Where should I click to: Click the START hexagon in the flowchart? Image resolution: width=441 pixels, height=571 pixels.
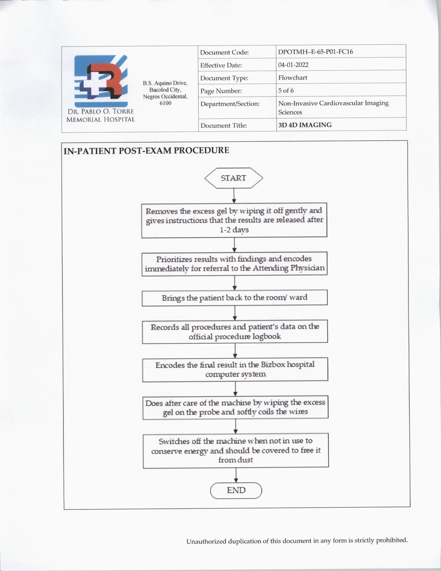click(233, 178)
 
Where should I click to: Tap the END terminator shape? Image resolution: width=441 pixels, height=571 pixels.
click(236, 490)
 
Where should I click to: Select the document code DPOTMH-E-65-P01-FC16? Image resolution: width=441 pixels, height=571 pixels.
click(315, 52)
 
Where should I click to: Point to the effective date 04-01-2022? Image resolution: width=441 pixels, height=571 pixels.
click(293, 65)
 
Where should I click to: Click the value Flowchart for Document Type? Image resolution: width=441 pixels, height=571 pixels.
click(293, 78)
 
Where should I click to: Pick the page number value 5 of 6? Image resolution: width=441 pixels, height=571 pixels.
click(286, 91)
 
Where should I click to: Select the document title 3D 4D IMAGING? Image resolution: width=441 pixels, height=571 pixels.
click(305, 125)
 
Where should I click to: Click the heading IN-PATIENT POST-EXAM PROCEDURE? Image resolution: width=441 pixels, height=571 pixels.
click(146, 151)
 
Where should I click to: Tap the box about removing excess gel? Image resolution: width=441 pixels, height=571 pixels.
click(234, 220)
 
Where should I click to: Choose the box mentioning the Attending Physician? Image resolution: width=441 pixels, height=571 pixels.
click(235, 264)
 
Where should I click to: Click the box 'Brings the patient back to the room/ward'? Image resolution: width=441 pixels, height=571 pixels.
click(235, 298)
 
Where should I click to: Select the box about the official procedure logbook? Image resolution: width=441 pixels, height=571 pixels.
click(235, 332)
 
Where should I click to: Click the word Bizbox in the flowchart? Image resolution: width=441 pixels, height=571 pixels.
click(273, 365)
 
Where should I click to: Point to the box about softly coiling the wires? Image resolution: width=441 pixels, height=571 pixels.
click(235, 407)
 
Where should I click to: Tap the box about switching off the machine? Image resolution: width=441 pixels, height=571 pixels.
click(236, 450)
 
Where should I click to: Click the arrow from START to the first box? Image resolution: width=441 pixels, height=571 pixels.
click(234, 196)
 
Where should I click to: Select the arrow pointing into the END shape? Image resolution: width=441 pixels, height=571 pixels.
click(236, 475)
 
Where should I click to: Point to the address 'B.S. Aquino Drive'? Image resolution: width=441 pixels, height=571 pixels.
click(165, 83)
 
